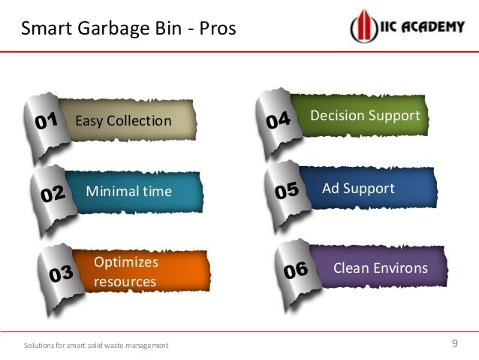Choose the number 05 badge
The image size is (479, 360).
pyautogui.click(x=286, y=192)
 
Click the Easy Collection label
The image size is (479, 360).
pyautogui.click(x=123, y=121)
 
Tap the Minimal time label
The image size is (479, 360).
pyautogui.click(x=129, y=192)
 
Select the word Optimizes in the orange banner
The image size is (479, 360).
pyautogui.click(x=126, y=262)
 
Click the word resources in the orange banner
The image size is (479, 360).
pyautogui.click(x=125, y=282)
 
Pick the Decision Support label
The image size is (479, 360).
pyautogui.click(x=365, y=116)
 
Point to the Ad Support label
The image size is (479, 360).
pyautogui.click(x=358, y=188)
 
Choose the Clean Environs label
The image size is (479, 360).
pyautogui.click(x=380, y=268)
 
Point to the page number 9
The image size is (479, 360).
pyautogui.click(x=454, y=343)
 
